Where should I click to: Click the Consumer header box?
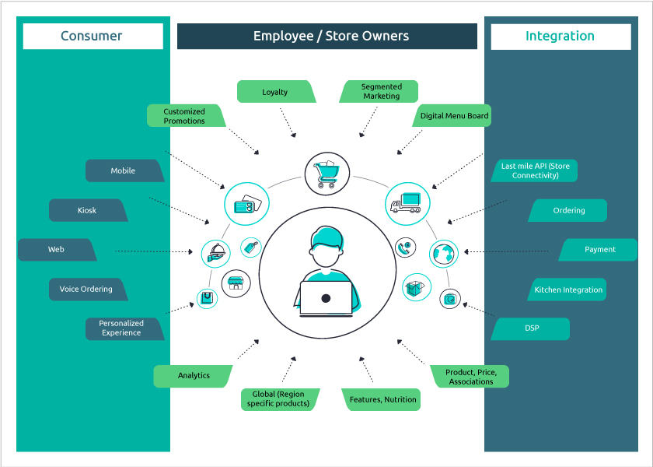coord(93,36)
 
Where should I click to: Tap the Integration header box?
coord(560,36)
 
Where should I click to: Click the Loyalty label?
coord(275,92)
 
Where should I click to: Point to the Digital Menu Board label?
coord(454,116)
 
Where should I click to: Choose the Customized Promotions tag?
coord(185,116)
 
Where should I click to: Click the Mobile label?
coord(124,171)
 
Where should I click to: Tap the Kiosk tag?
coord(87,210)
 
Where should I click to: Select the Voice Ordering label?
coord(86,290)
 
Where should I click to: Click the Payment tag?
coord(599,250)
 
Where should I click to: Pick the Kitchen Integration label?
coord(568,290)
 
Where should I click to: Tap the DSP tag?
coord(531,328)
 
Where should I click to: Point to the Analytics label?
coord(194,376)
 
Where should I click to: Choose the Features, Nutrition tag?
coord(382,400)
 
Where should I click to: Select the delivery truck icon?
coord(407,204)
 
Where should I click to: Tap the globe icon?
coord(444,254)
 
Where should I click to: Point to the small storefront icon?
coord(236,284)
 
